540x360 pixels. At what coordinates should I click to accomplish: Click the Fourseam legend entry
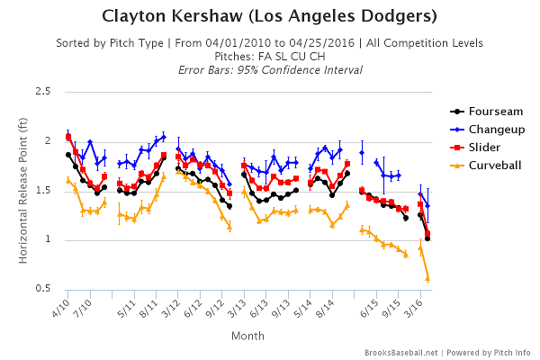(x=487, y=112)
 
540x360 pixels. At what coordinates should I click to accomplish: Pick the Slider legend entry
(x=483, y=147)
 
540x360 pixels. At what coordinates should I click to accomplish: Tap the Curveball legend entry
(x=489, y=165)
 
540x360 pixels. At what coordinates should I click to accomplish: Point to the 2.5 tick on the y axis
(x=42, y=92)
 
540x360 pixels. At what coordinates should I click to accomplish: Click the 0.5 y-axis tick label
(x=42, y=289)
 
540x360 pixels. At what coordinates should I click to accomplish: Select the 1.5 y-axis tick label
(x=42, y=191)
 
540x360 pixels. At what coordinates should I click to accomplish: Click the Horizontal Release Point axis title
(x=24, y=190)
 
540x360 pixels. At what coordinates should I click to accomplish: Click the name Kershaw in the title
(x=207, y=16)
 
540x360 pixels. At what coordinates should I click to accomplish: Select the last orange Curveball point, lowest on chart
(x=427, y=278)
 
